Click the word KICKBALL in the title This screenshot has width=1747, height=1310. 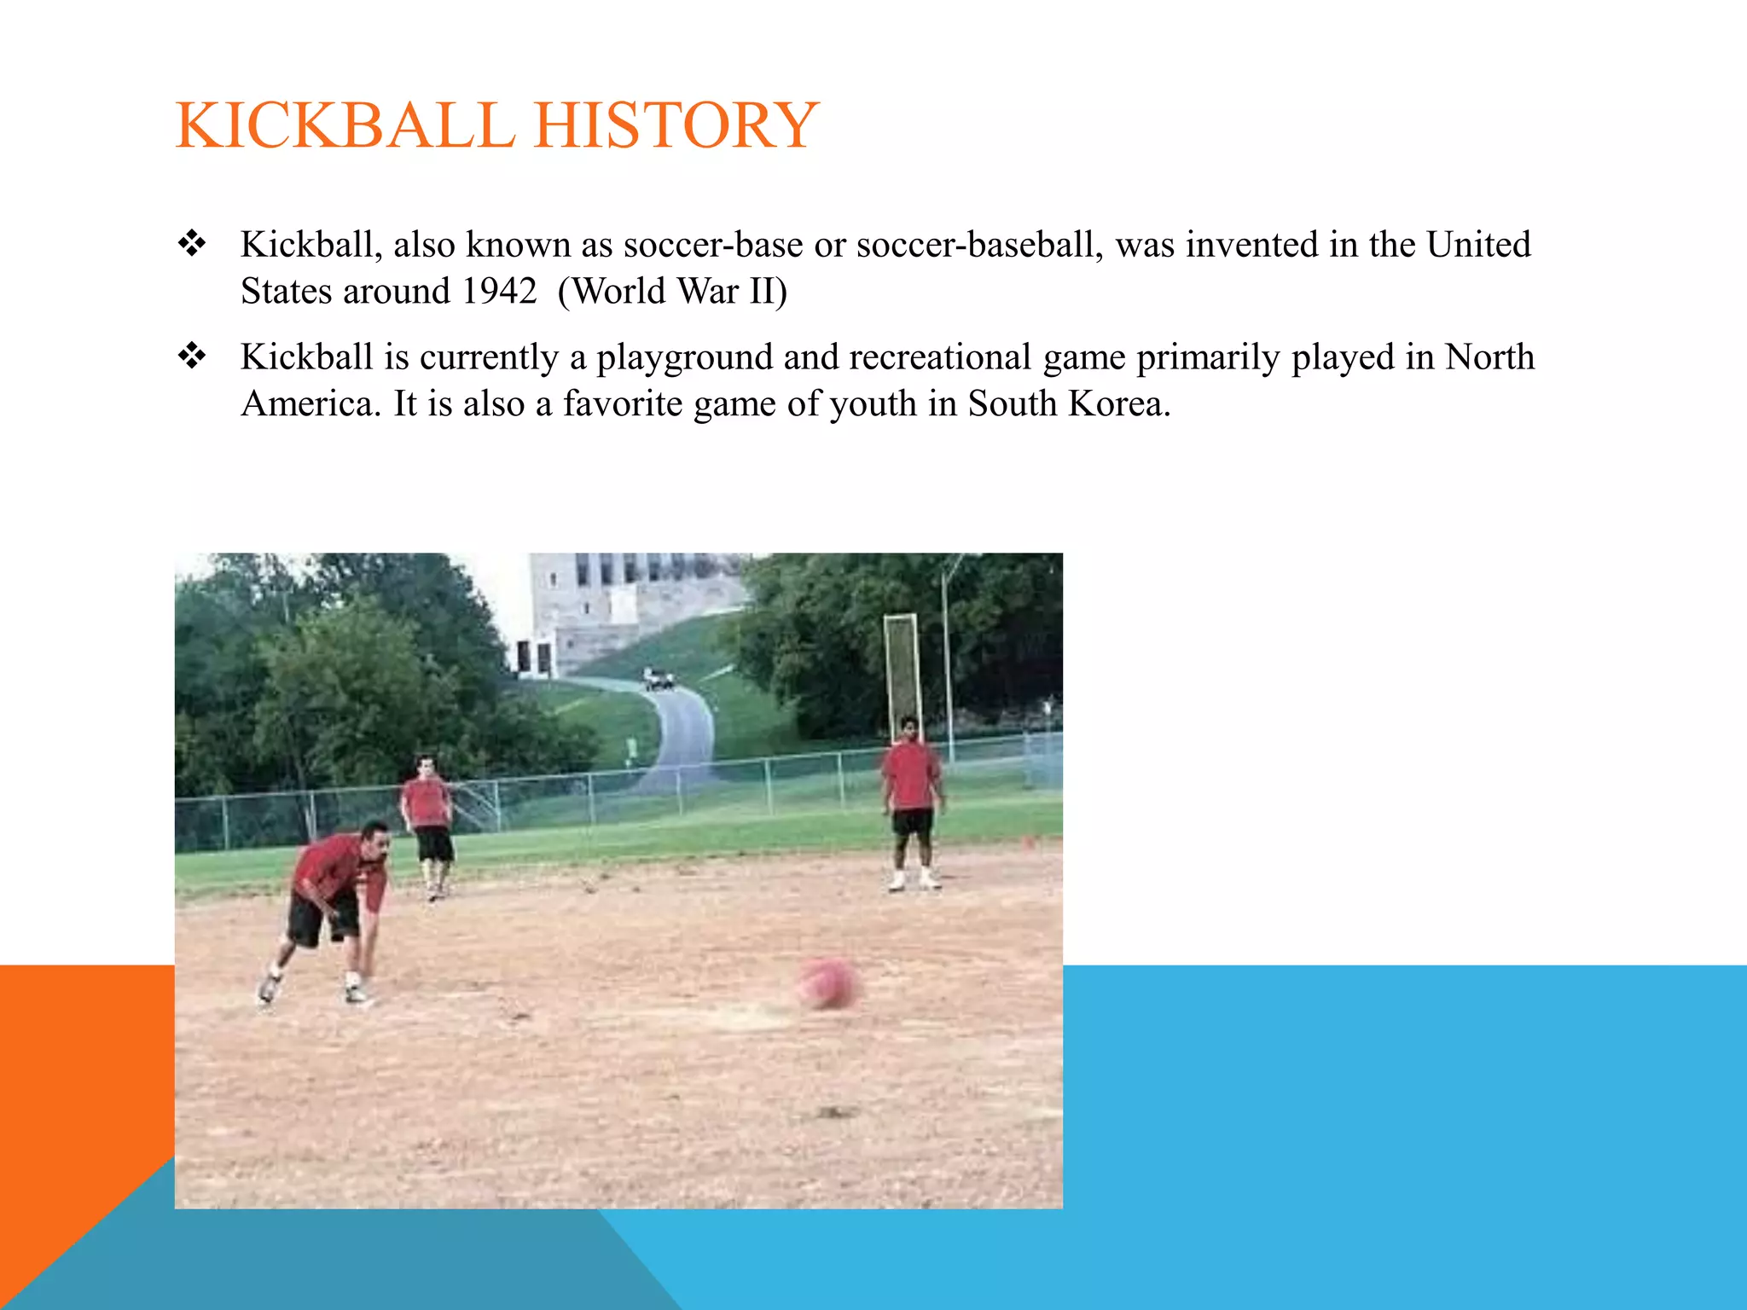click(x=345, y=125)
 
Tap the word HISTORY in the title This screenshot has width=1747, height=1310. click(x=676, y=125)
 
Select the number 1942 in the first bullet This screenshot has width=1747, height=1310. click(x=499, y=292)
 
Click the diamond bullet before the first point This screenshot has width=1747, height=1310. click(x=193, y=244)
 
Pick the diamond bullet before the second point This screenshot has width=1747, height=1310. click(x=193, y=356)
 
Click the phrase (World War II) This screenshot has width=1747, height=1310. click(x=672, y=292)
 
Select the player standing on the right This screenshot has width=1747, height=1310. click(x=911, y=802)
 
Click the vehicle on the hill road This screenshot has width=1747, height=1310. click(x=658, y=679)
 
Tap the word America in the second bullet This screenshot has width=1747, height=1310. click(x=309, y=404)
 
